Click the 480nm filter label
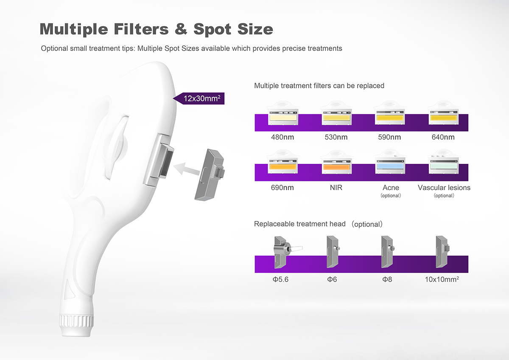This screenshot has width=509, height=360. [282, 137]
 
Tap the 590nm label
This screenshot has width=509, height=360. [389, 137]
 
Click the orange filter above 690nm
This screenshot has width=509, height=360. [283, 162]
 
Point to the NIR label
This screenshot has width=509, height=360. [336, 188]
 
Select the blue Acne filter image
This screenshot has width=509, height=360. [390, 162]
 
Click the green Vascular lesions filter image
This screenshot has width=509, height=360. [444, 162]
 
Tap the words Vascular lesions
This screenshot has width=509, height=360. [444, 188]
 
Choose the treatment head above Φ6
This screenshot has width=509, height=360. [333, 252]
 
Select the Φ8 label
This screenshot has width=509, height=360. [387, 279]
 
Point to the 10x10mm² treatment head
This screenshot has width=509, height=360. [442, 252]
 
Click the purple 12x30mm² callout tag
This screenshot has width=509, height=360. [199, 98]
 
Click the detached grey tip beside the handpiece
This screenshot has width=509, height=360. [210, 175]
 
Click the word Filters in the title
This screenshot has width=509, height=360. [141, 29]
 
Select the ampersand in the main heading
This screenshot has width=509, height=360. [181, 29]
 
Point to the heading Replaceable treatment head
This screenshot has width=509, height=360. [300, 224]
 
